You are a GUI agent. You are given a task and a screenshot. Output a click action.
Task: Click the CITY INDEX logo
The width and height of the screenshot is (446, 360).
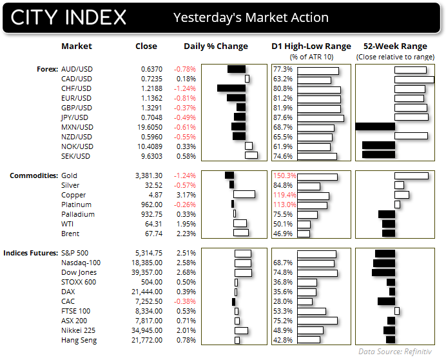pos(68,17)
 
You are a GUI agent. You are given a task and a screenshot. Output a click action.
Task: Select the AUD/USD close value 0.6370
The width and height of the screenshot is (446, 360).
pos(146,69)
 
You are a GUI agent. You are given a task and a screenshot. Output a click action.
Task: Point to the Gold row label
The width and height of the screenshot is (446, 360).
pos(69,175)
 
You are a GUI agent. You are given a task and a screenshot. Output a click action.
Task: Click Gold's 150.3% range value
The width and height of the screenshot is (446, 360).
pos(284,175)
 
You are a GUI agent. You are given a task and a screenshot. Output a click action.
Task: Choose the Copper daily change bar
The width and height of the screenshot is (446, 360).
pos(244,195)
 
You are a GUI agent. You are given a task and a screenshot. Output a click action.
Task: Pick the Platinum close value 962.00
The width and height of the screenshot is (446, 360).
pos(146,205)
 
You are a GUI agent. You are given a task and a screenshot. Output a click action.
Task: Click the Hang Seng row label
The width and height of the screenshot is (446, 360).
pos(79,340)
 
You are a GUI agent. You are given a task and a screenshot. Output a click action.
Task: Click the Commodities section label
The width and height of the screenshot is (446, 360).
pos(32,175)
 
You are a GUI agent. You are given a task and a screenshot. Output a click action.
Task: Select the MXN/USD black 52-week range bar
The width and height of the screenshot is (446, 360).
pos(374,127)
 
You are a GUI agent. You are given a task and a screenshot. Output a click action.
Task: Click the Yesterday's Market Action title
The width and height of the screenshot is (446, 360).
pos(251,17)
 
